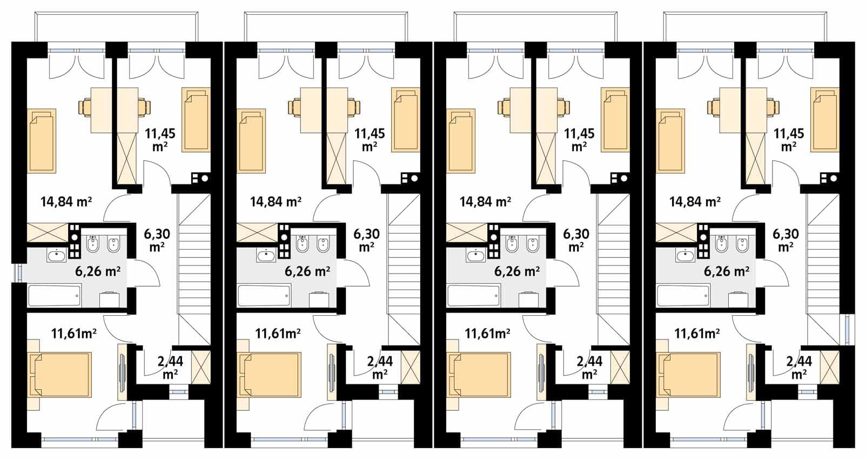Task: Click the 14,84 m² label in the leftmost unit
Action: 66,202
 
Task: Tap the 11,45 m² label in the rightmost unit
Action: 789,139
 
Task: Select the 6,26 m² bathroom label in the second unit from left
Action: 307,271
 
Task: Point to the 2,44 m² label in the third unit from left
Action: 589,367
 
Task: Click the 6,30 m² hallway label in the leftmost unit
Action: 157,241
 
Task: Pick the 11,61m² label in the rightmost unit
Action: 697,333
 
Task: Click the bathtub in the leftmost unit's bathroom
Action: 55,296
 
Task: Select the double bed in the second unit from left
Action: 269,375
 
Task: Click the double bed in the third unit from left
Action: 479,375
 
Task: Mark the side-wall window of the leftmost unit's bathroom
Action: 18,273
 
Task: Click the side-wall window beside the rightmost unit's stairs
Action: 847,330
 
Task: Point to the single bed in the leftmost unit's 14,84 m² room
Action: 42,141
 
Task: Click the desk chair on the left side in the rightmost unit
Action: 714,108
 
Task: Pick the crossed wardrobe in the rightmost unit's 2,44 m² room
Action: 830,367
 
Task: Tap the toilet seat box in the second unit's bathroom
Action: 319,300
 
